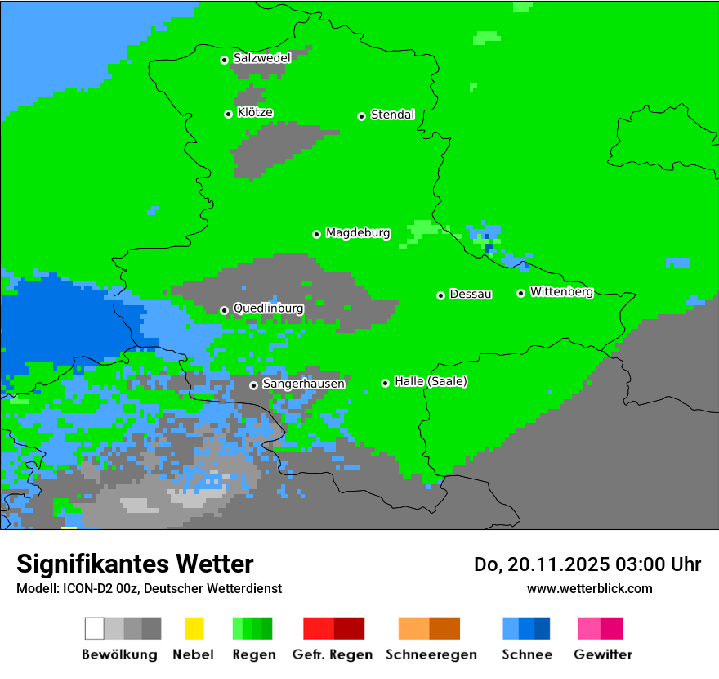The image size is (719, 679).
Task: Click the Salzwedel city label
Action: click(261, 58)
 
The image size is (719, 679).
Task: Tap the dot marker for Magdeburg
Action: click(316, 234)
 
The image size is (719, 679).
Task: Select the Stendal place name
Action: click(392, 115)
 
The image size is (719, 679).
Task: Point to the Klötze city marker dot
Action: click(228, 114)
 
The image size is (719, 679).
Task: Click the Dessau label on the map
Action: click(471, 295)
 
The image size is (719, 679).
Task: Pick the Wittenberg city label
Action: click(561, 292)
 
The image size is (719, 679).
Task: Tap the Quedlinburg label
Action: click(268, 308)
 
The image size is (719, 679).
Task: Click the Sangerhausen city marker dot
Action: click(253, 385)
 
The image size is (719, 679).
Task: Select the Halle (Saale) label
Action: click(431, 382)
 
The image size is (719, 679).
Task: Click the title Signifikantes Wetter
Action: click(135, 564)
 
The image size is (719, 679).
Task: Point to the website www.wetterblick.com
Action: click(589, 588)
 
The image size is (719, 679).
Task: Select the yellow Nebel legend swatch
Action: click(194, 628)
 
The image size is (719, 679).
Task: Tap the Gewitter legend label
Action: click(603, 654)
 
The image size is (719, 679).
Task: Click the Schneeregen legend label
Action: click(431, 654)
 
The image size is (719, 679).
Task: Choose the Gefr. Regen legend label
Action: click(332, 654)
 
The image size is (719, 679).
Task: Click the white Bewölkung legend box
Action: click(94, 628)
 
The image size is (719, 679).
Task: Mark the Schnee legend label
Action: click(527, 654)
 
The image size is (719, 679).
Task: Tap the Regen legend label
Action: click(252, 654)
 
